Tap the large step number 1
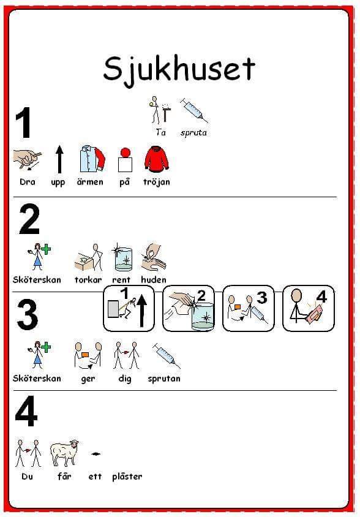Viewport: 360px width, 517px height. tap(23, 123)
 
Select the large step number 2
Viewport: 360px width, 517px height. tap(29, 219)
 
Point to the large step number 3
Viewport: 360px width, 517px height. tap(28, 315)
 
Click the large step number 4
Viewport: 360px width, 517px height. tap(26, 411)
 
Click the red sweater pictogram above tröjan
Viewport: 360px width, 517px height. tap(157, 160)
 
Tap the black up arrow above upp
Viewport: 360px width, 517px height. tap(59, 159)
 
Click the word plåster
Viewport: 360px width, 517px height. tap(127, 477)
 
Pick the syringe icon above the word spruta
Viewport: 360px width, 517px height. tap(194, 110)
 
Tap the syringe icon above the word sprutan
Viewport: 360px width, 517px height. tap(167, 356)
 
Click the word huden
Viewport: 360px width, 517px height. tap(154, 280)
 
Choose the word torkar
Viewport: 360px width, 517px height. tap(88, 280)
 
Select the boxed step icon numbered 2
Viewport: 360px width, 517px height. tap(188, 309)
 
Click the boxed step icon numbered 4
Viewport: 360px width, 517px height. tap(308, 309)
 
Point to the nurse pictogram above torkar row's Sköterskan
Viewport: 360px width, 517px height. tap(39, 257)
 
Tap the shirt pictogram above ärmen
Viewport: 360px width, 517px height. tap(92, 160)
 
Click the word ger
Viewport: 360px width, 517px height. tap(88, 379)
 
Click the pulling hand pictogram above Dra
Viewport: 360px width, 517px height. tap(28, 159)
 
